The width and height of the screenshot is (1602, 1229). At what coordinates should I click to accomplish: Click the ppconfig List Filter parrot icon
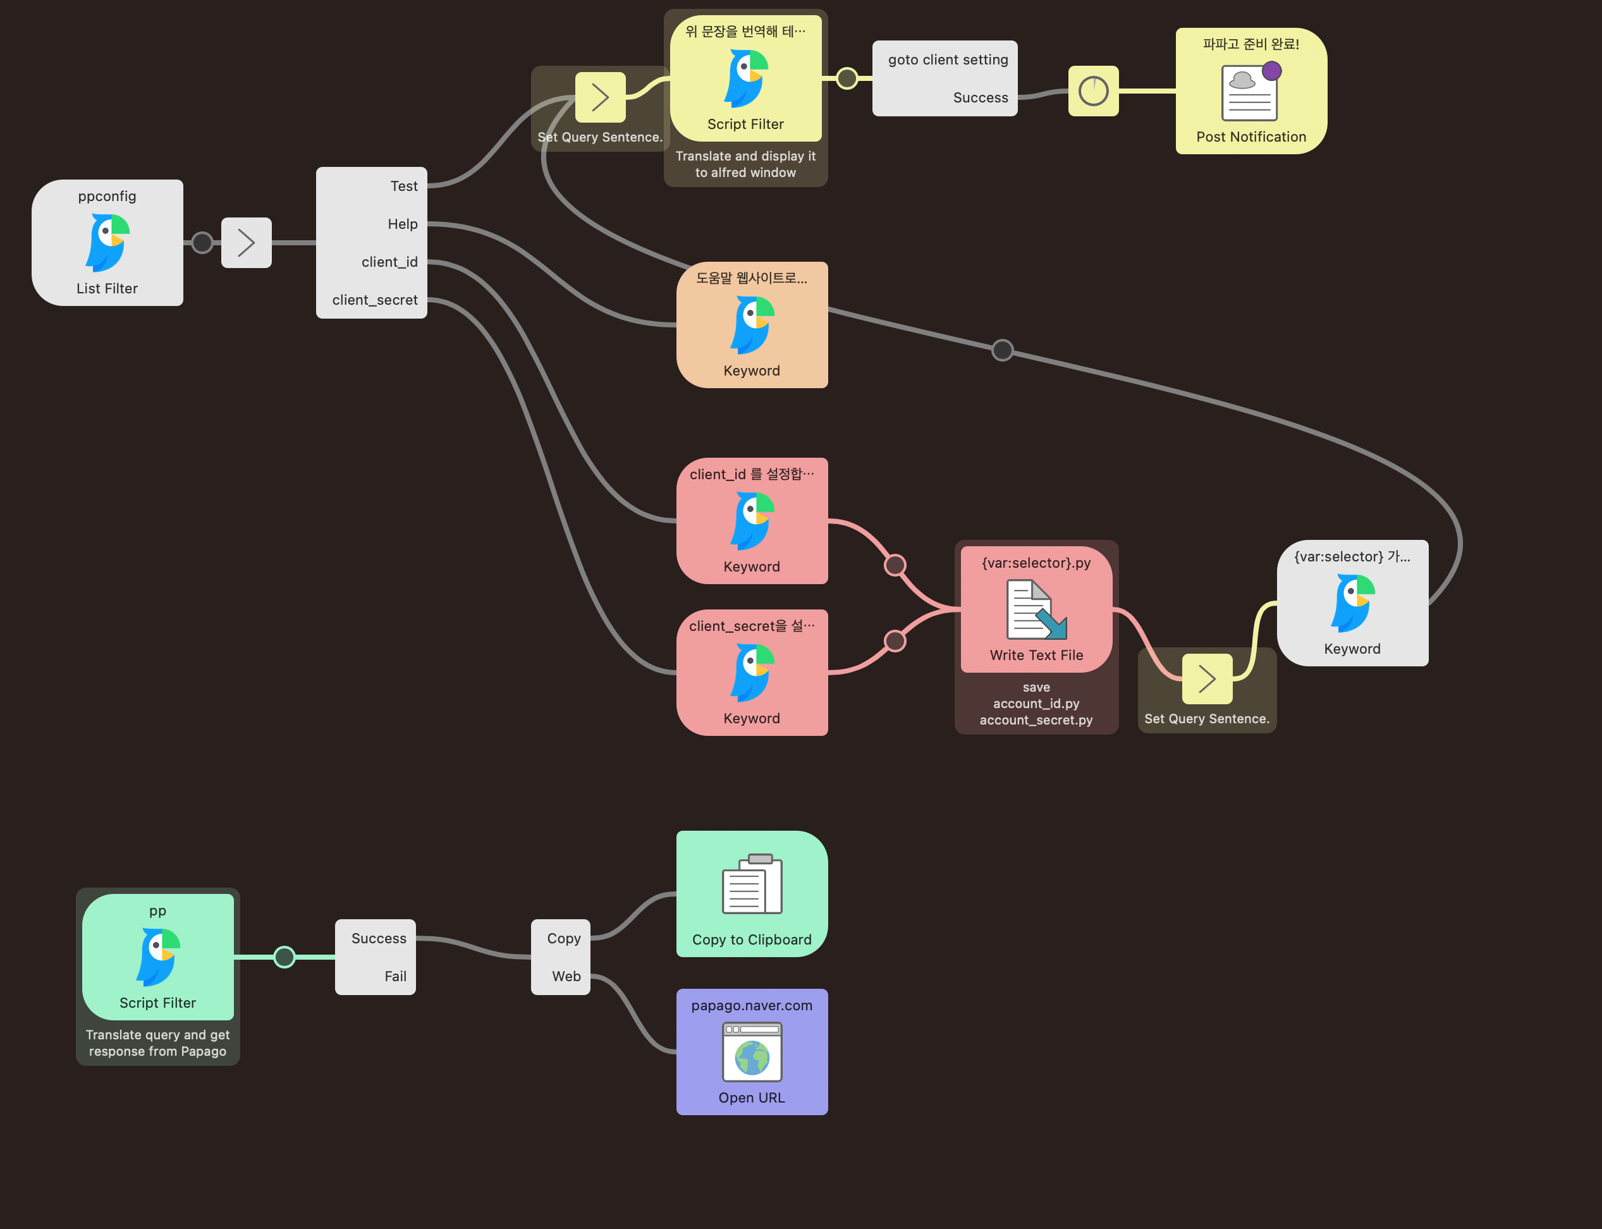pos(107,242)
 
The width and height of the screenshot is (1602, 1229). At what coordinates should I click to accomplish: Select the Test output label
pos(404,186)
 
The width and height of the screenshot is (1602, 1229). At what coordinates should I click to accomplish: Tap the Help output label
pos(402,224)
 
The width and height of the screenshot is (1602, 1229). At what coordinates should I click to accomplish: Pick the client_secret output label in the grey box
pos(374,300)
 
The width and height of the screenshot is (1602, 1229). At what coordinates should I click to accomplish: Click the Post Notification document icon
pos(1249,93)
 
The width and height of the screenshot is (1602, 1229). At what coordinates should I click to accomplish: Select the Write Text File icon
pos(1036,609)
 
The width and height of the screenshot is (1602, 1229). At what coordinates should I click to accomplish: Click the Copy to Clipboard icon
pos(752,885)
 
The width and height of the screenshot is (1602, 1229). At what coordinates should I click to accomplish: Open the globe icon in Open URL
pos(752,1058)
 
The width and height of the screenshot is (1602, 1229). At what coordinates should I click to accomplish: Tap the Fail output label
pos(395,977)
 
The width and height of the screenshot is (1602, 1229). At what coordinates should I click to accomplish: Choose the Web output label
pos(566,977)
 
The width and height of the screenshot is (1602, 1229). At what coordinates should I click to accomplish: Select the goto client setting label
pos(947,60)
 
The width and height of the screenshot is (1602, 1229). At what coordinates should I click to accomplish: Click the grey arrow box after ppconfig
pos(247,243)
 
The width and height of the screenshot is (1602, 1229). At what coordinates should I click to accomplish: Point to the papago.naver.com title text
pos(751,1006)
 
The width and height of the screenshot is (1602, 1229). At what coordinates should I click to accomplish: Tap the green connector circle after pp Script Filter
pos(284,957)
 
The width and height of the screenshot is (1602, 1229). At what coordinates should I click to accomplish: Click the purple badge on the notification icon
pos(1272,71)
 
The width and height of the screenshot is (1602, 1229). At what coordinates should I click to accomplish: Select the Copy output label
pos(563,939)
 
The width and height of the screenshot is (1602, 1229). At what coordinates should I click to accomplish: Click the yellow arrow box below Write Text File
pos(1207,679)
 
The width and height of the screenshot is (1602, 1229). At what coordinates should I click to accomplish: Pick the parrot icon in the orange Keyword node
pos(752,325)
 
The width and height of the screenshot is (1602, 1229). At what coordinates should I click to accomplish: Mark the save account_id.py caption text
pos(1036,704)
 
